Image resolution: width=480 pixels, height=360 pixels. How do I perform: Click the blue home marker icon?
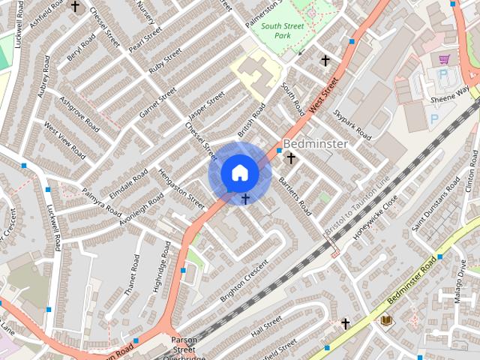click(x=239, y=172)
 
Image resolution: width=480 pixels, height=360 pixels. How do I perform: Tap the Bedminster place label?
click(x=315, y=143)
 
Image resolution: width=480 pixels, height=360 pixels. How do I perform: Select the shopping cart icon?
click(x=444, y=59)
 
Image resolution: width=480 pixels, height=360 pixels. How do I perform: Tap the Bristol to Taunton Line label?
click(x=358, y=205)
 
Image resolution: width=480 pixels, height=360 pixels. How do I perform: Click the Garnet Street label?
click(x=157, y=102)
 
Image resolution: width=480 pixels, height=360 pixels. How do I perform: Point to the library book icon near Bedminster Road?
click(x=386, y=320)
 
